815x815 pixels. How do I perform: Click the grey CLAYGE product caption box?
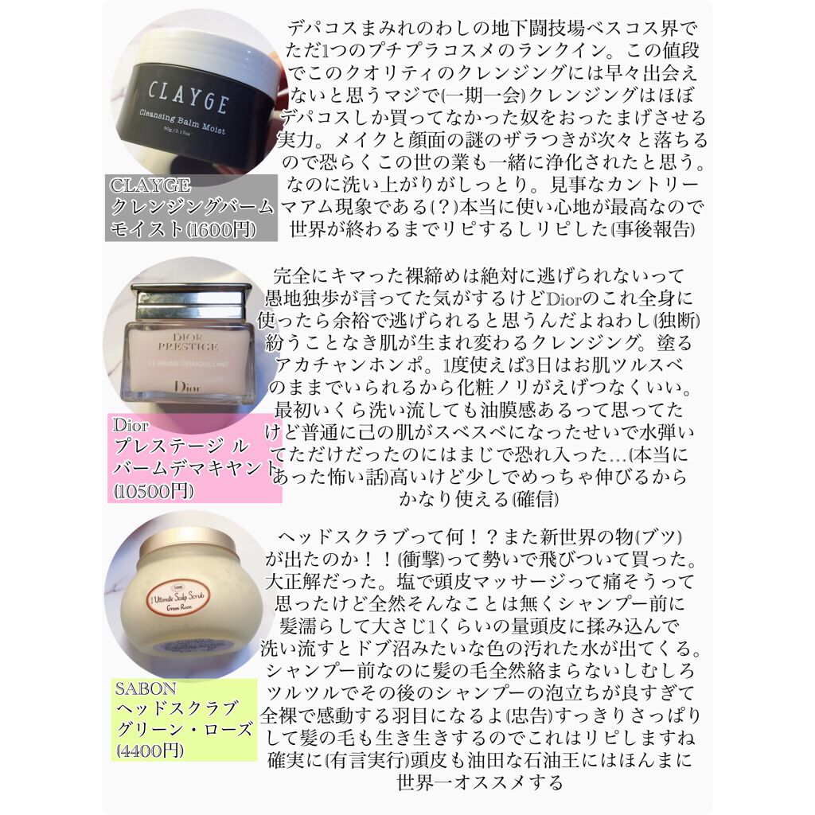[x=191, y=207]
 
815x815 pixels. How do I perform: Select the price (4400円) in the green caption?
[x=150, y=750]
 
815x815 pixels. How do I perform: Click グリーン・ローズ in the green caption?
[x=185, y=729]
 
